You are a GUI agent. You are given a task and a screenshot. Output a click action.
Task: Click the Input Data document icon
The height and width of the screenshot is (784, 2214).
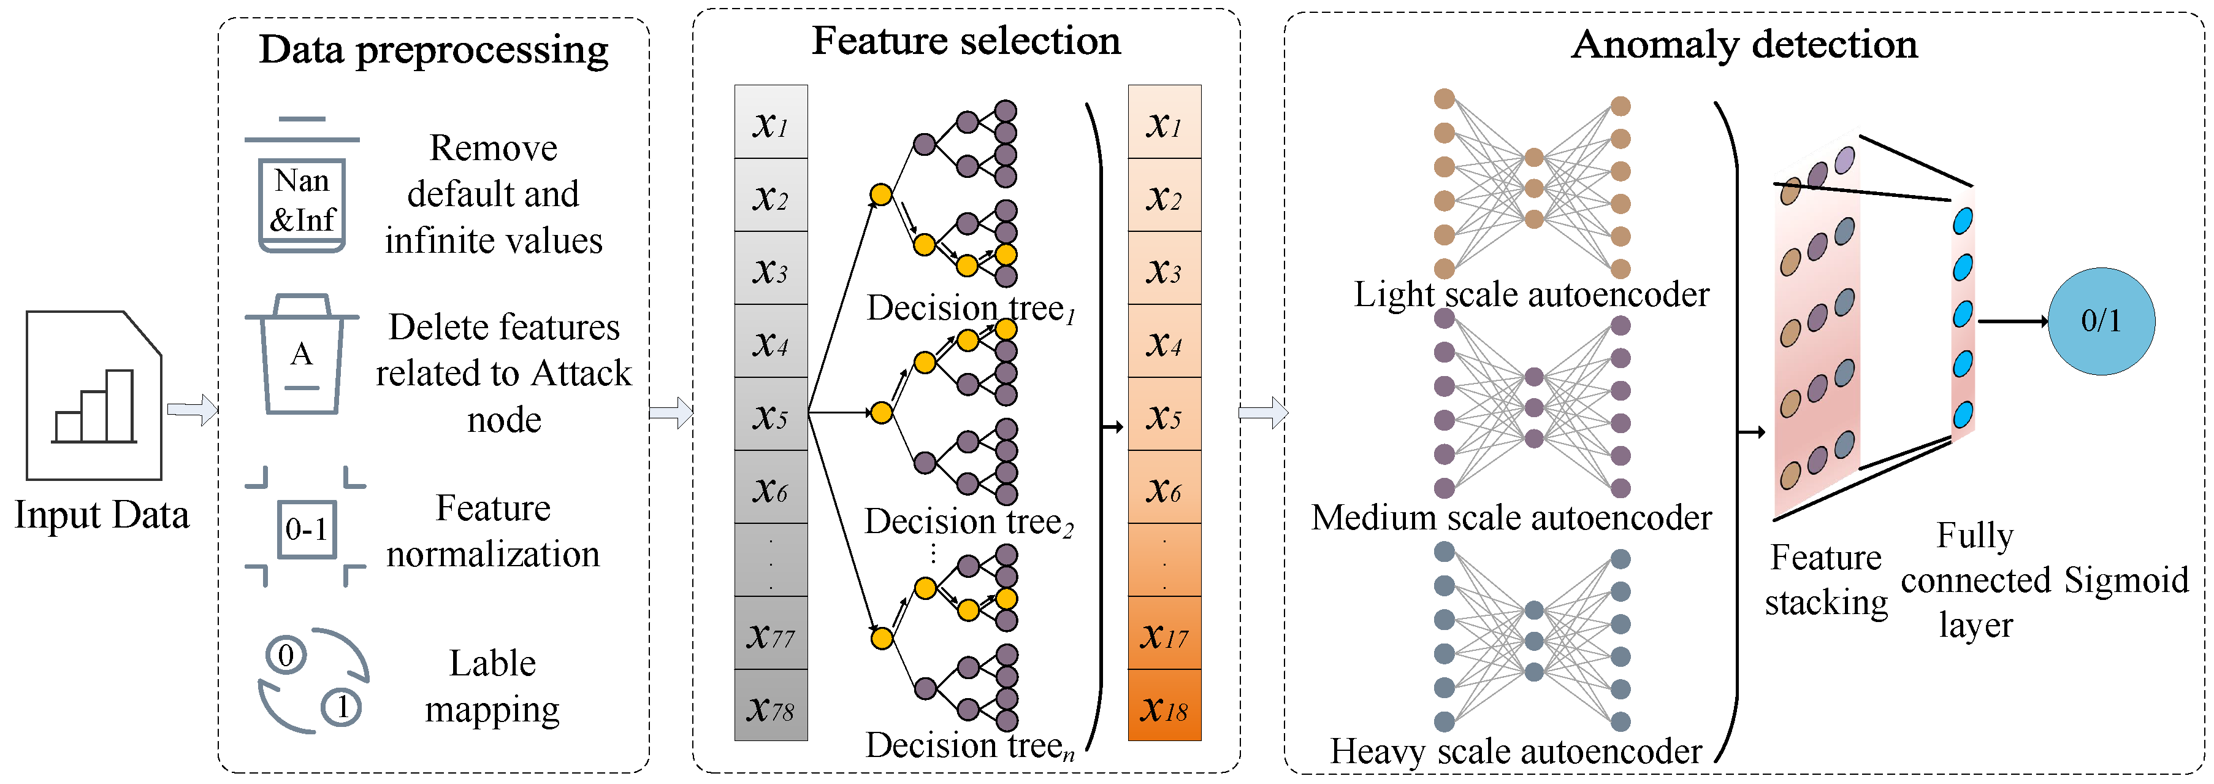coord(94,396)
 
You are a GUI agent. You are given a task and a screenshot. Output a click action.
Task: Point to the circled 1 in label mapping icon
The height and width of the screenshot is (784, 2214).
coord(342,707)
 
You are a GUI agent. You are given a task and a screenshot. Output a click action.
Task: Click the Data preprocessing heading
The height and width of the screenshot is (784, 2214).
coord(434,50)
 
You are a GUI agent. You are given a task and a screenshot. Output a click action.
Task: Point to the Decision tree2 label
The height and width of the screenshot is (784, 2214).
coord(969,522)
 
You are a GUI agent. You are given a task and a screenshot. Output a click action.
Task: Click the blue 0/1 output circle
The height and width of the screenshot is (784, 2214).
coord(2101,321)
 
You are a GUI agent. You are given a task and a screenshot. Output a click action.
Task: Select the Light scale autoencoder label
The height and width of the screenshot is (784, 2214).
coord(1532,295)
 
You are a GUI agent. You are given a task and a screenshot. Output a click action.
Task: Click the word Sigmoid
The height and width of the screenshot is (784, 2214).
coord(2126,580)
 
